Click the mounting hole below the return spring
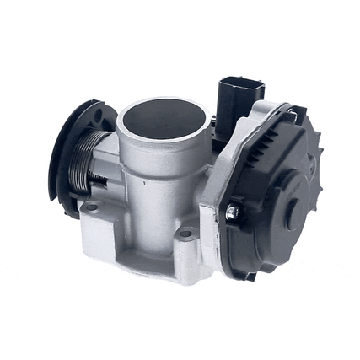point(92,205)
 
